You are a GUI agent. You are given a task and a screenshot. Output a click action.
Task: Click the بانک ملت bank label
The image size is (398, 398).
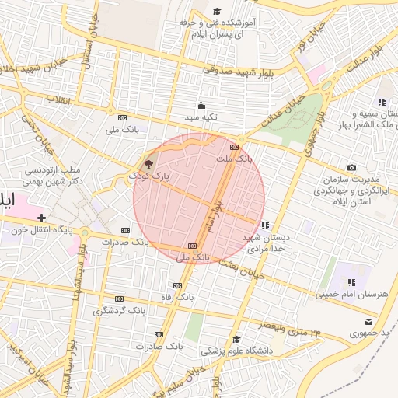234,158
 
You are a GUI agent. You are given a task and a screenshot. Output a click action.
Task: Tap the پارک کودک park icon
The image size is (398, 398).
148,164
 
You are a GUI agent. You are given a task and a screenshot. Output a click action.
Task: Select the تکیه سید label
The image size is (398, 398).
201,117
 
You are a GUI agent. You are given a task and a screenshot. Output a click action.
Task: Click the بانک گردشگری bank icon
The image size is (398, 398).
119,298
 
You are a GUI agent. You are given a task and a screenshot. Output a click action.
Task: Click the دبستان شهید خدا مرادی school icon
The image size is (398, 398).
266,225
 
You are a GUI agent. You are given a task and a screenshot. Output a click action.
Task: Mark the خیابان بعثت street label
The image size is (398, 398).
241,268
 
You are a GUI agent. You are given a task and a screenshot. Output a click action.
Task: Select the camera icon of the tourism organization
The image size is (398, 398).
351,168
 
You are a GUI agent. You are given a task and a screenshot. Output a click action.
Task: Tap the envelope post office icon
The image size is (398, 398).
368,321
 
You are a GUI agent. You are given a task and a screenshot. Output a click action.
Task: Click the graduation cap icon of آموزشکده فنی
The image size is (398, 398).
217,12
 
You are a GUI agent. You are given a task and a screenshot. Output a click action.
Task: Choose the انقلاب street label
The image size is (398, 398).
58,99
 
